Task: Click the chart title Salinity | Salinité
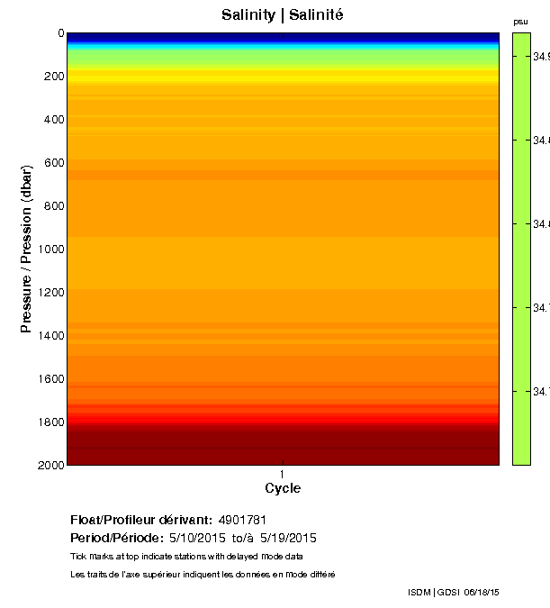[282, 15]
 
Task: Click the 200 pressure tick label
[53, 77]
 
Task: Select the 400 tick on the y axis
[53, 120]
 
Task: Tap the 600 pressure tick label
[53, 163]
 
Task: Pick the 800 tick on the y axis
[53, 206]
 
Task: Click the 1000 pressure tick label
[50, 250]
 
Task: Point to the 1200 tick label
[50, 293]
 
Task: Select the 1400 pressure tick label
[50, 336]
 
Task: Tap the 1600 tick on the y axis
[50, 379]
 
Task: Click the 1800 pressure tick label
[50, 422]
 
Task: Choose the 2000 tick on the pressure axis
[50, 465]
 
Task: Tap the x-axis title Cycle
[283, 489]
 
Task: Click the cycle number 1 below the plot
[283, 474]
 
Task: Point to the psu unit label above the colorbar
[520, 22]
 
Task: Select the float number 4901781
[241, 520]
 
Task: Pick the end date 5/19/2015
[288, 538]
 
